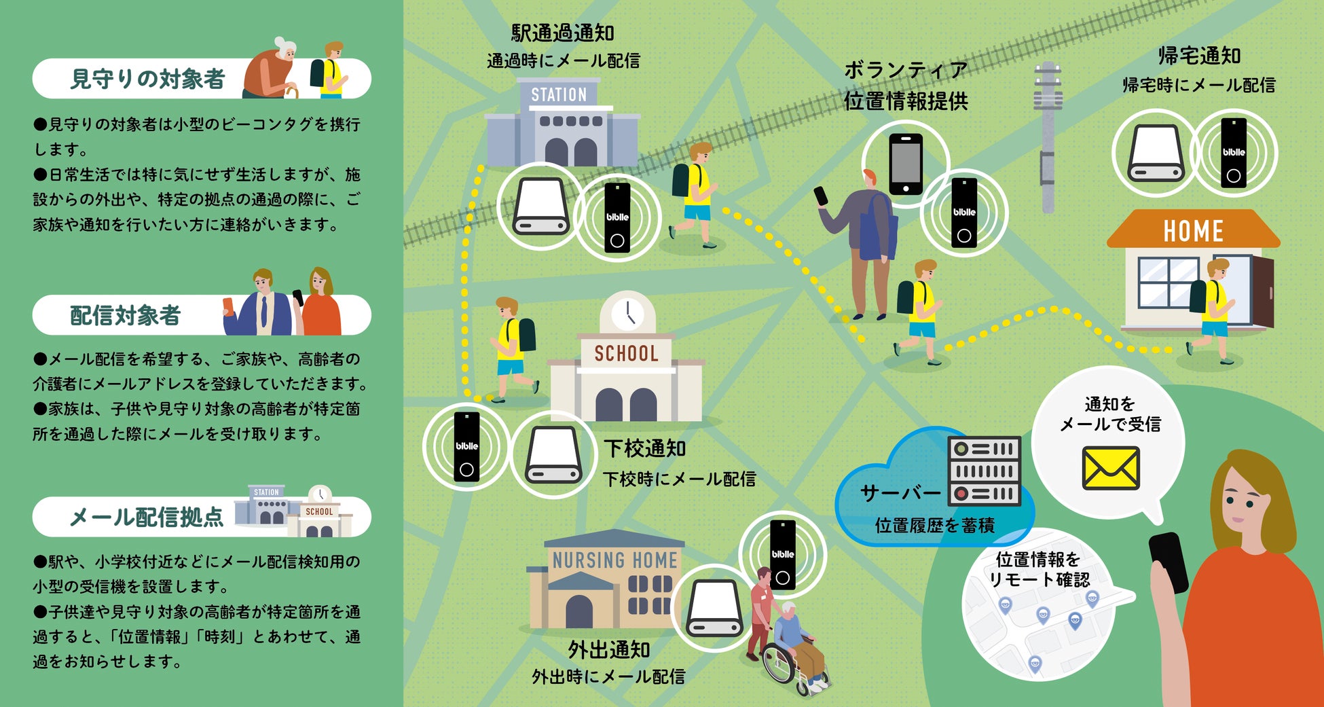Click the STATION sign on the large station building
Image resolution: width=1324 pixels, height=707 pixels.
point(558,94)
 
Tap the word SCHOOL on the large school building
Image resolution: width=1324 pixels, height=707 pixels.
point(626,353)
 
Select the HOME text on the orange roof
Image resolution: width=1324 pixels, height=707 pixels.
point(1193,232)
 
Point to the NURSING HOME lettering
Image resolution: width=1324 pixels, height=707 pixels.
point(614,560)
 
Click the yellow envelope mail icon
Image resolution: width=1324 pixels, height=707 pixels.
point(1110,468)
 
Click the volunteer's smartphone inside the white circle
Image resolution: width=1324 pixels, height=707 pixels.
point(906,164)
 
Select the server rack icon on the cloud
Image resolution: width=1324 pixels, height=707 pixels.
point(984,471)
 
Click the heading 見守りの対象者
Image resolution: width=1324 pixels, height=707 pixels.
point(147,79)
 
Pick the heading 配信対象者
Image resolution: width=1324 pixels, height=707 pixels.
point(125,315)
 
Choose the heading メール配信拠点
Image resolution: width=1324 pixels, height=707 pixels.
point(146,518)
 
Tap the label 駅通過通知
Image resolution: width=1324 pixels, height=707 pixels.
point(562,33)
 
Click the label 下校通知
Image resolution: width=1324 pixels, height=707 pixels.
point(645,448)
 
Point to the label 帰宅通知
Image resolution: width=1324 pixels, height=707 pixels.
point(1199,56)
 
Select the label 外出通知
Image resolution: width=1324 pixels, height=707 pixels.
point(609,650)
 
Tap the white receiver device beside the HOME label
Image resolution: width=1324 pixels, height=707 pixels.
point(1156,153)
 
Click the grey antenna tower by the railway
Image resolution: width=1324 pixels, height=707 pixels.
point(1048,136)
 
